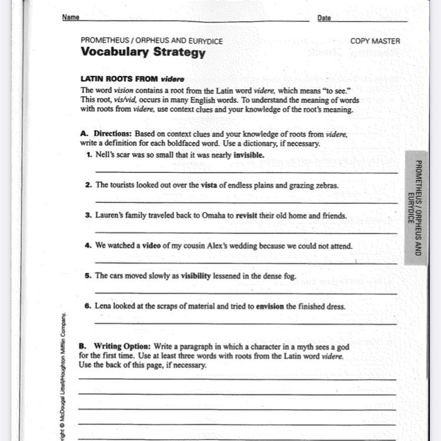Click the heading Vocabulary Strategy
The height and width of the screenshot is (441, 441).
(x=143, y=52)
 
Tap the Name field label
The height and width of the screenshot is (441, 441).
(x=71, y=18)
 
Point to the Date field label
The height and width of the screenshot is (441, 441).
(x=324, y=18)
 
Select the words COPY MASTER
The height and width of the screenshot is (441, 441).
(x=375, y=41)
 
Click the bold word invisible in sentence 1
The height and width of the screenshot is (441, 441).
(x=249, y=155)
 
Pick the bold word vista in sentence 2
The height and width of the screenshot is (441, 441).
(x=209, y=185)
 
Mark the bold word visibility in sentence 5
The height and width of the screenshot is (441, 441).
(x=195, y=276)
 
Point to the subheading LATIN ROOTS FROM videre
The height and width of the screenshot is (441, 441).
(x=132, y=79)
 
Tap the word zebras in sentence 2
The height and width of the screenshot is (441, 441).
(x=326, y=185)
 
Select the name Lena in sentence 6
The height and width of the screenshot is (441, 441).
(x=103, y=306)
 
